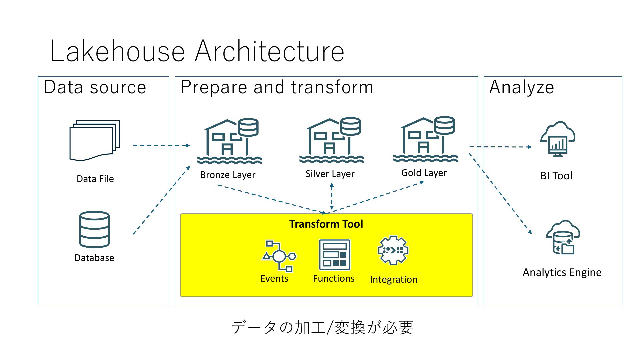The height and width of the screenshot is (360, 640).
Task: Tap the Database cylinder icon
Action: [x=95, y=229]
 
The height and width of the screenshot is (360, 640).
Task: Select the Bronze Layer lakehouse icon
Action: [x=229, y=141]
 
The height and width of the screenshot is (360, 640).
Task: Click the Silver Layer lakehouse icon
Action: [x=332, y=140]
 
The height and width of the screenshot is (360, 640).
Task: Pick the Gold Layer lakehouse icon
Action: [x=426, y=139]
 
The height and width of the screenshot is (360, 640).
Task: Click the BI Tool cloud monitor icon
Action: [x=558, y=139]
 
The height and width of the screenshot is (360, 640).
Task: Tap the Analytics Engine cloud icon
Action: [x=563, y=237]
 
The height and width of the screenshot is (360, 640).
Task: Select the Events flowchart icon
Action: [x=279, y=256]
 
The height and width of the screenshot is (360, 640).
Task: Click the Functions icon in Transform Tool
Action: [x=335, y=255]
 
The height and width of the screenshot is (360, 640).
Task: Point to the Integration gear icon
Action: [x=393, y=250]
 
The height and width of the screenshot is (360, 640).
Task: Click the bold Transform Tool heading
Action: [x=326, y=224]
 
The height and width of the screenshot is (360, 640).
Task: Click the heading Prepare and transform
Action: [x=277, y=87]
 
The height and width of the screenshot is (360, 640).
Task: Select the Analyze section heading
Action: [x=522, y=88]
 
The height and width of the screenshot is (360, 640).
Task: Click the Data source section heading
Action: [x=95, y=87]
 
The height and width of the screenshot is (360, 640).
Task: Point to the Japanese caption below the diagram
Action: [x=322, y=327]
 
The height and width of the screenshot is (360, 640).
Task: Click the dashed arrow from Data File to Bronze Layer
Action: [x=162, y=145]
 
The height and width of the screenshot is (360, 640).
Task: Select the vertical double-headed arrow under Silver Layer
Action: [x=332, y=197]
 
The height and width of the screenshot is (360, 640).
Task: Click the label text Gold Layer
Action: [x=424, y=173]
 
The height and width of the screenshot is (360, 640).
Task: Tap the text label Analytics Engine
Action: [x=562, y=273]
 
